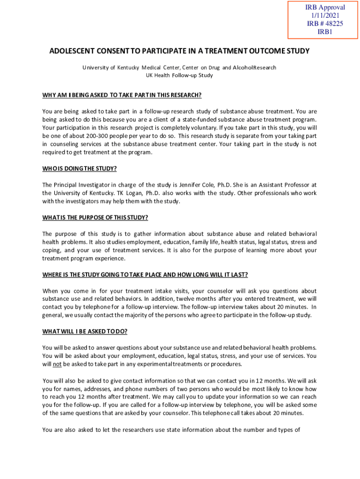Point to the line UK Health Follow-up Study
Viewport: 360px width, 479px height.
[180, 75]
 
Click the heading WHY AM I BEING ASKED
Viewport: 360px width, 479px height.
[122, 95]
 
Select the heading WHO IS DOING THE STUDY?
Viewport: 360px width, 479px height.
[79, 168]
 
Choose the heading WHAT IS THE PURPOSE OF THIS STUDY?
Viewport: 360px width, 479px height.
[95, 218]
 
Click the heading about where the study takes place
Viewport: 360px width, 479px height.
[145, 274]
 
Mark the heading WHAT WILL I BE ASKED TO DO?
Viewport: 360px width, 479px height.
[85, 332]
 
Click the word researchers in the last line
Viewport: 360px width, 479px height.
[127, 430]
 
